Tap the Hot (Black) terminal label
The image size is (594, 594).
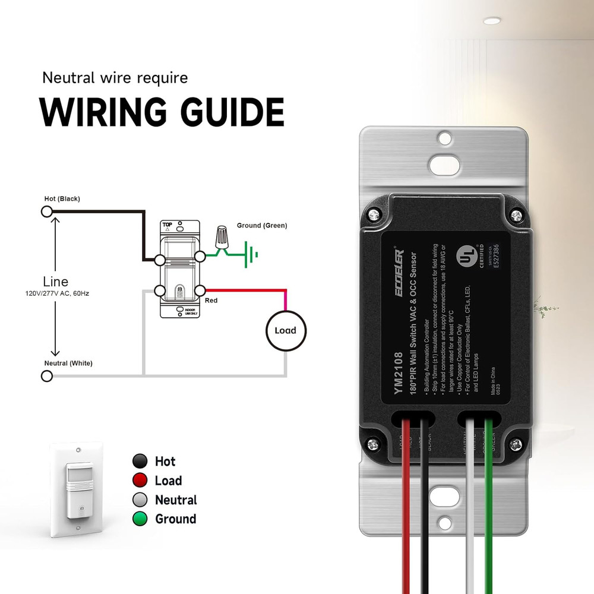click(x=62, y=198)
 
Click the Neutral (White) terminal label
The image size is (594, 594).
click(x=68, y=363)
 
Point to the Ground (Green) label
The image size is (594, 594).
click(x=262, y=226)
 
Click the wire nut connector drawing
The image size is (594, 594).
click(x=223, y=238)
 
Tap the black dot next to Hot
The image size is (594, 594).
click(x=140, y=461)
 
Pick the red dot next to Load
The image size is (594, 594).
click(x=140, y=481)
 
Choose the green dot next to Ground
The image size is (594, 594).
click(x=140, y=519)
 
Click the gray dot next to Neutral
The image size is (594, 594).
click(x=140, y=500)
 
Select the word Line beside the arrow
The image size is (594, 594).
click(x=55, y=282)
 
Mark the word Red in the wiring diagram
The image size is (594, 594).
click(x=211, y=301)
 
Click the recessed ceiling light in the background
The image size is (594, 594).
click(x=491, y=21)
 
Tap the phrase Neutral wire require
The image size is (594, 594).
click(x=115, y=77)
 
